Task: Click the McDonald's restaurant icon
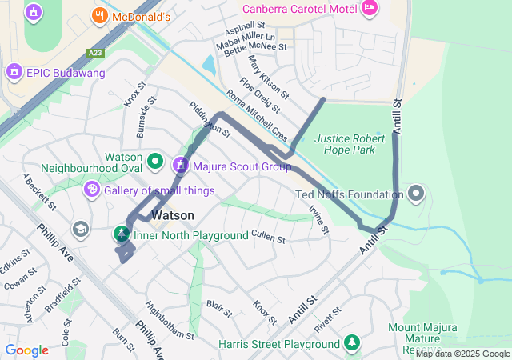coord(100,15)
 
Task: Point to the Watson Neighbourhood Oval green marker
coord(154,162)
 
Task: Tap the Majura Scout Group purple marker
coord(180,166)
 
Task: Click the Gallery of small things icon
coord(92,190)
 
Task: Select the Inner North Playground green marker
coord(120,234)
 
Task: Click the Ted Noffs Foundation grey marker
coord(416,194)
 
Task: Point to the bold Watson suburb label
coord(173,215)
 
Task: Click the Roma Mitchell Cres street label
coord(256,116)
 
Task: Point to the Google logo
coord(26,350)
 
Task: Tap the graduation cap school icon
coord(80,230)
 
